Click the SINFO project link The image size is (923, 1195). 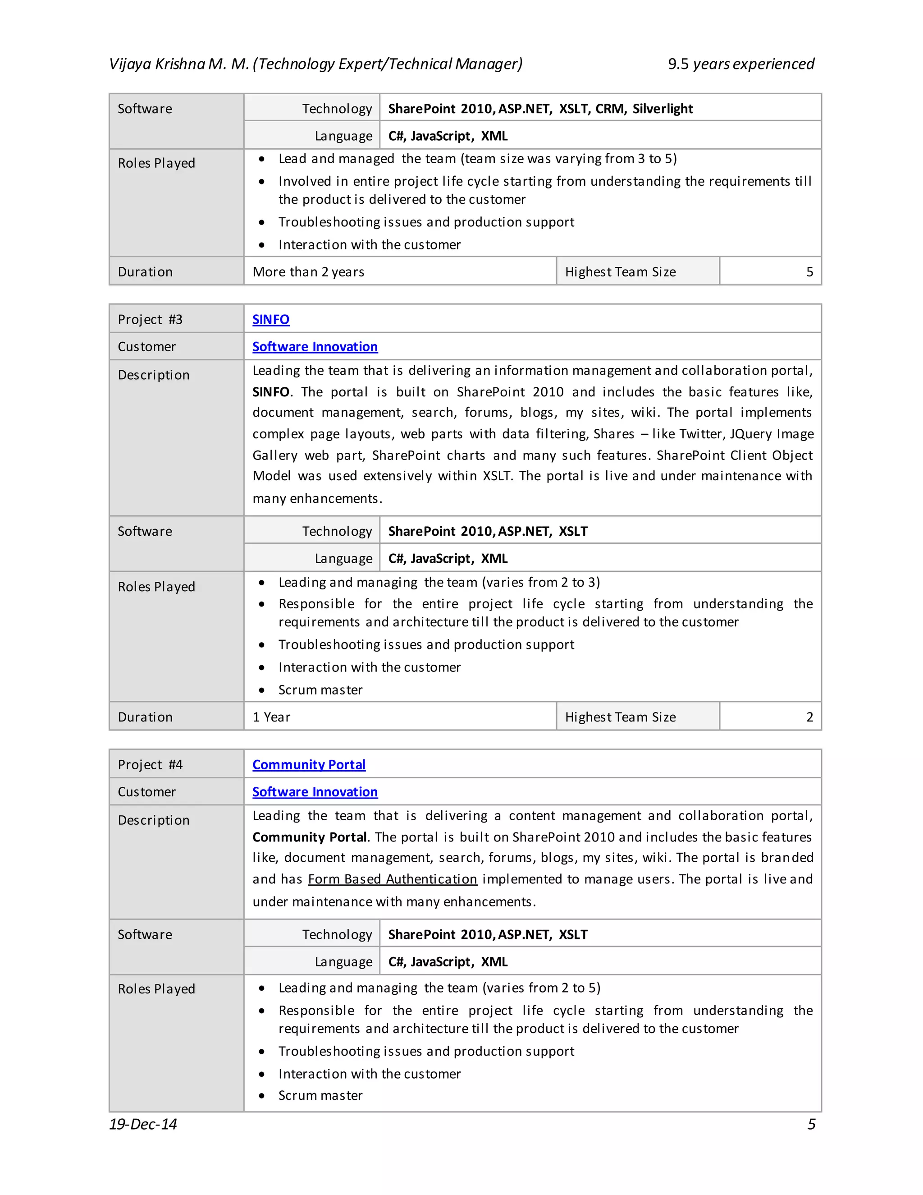(271, 320)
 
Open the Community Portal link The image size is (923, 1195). (308, 765)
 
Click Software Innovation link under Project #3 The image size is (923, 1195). (315, 347)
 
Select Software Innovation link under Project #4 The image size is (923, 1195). (315, 792)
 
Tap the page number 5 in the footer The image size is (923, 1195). (811, 1124)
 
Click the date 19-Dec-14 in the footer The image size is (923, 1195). (143, 1124)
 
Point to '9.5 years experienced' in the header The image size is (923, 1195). (740, 64)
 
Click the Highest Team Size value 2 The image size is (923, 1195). (809, 717)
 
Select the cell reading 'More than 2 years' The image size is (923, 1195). (308, 272)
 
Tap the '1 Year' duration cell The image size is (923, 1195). (271, 717)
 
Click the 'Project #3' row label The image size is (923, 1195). (150, 320)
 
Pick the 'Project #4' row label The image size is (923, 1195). (150, 765)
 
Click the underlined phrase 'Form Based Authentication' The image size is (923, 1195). (392, 879)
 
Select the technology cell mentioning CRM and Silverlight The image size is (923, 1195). (540, 109)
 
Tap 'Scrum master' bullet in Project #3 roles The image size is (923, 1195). (320, 690)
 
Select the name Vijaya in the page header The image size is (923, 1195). (130, 64)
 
